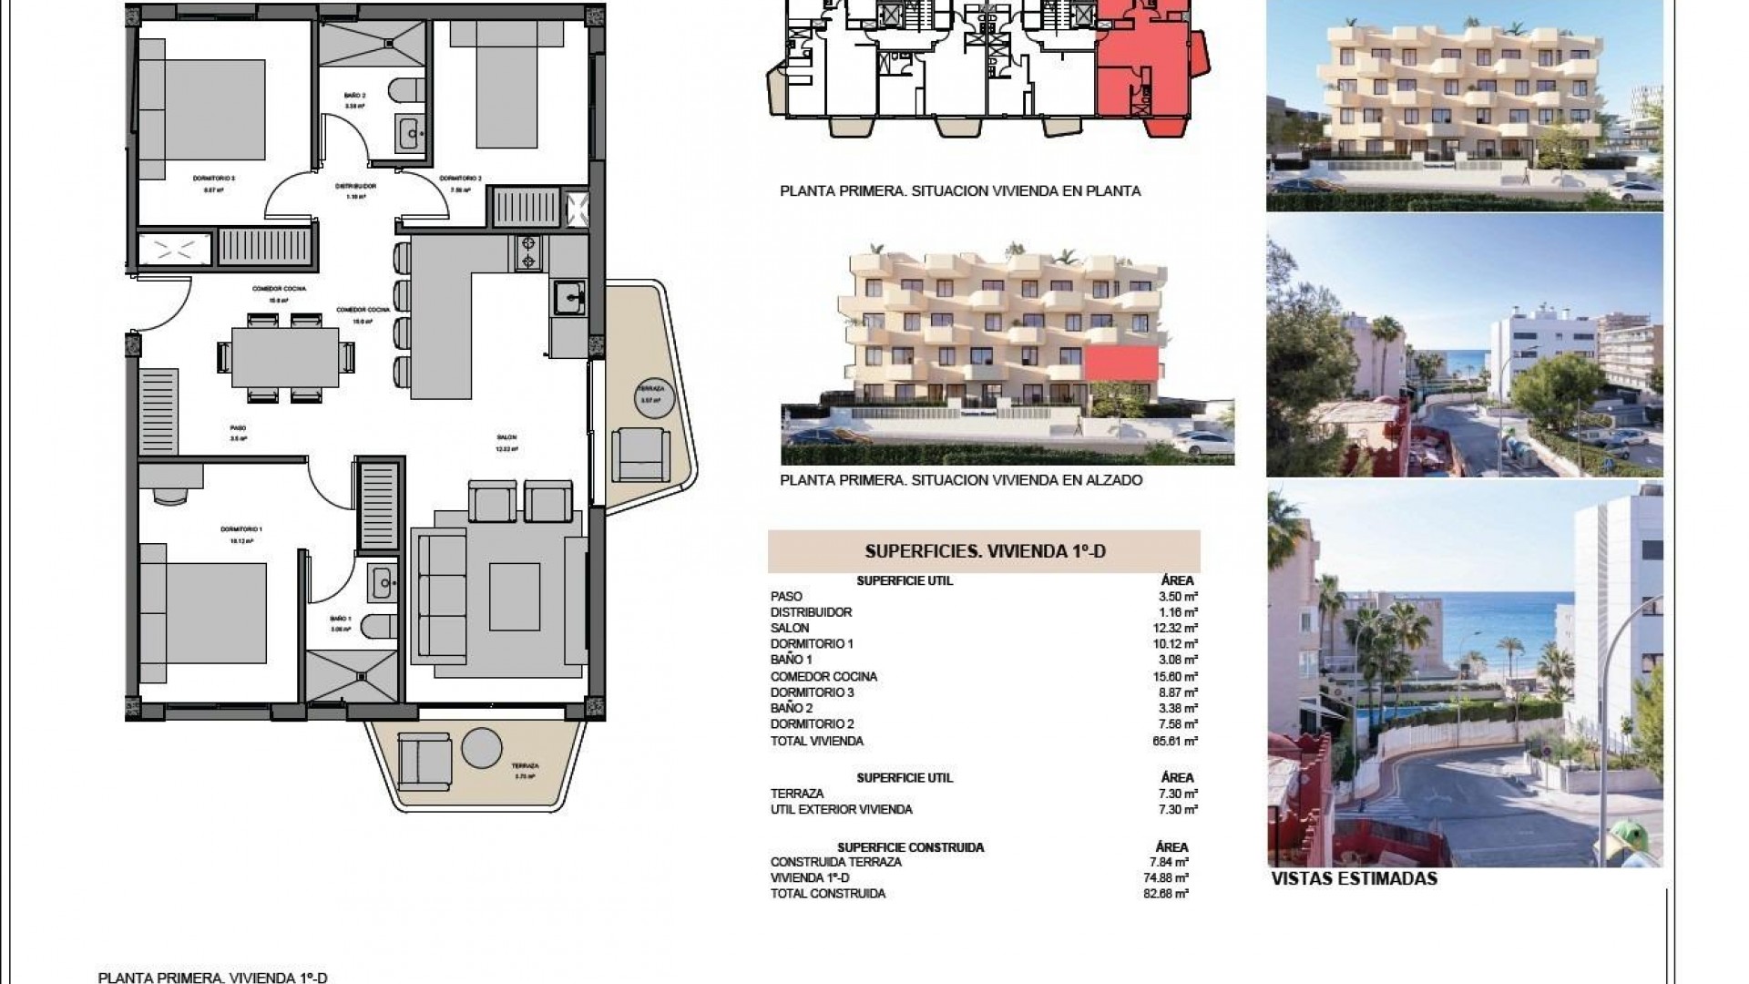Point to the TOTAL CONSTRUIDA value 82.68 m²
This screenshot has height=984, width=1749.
coord(1171,894)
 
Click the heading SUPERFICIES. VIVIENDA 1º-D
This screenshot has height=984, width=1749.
coord(984,551)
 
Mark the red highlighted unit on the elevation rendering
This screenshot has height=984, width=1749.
coord(1122,363)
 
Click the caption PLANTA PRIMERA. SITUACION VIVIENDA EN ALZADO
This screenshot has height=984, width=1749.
coord(961,480)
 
